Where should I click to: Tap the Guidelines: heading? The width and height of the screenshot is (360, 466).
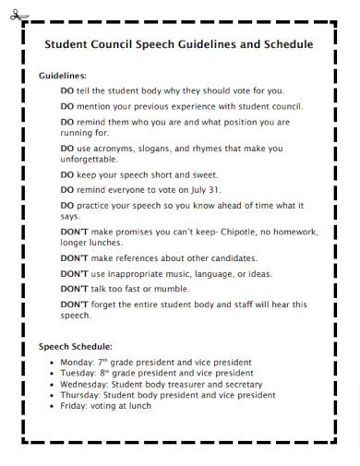click(x=63, y=76)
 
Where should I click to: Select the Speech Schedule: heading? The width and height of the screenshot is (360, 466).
click(x=77, y=347)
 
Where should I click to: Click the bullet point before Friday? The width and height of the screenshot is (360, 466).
click(x=52, y=406)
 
